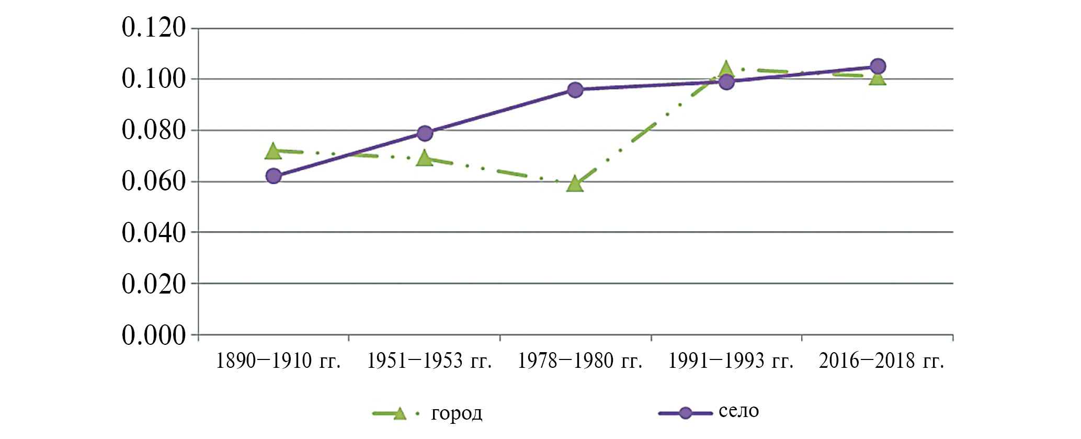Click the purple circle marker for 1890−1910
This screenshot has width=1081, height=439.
click(x=274, y=176)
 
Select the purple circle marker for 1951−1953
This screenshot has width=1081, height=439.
click(x=425, y=133)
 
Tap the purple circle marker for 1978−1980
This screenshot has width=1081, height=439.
click(x=575, y=90)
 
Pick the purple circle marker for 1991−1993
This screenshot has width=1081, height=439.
click(x=726, y=82)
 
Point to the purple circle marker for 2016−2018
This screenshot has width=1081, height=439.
click(x=878, y=66)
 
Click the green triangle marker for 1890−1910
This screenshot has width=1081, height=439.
click(x=273, y=152)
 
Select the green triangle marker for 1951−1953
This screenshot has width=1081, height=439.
click(x=424, y=159)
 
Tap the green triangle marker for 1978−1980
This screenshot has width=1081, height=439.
click(x=575, y=184)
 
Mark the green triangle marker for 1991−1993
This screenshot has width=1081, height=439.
click(x=726, y=69)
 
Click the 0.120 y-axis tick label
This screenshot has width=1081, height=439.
click(x=154, y=28)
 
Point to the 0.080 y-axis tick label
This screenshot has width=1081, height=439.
click(x=154, y=130)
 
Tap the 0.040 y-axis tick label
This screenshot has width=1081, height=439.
click(x=154, y=233)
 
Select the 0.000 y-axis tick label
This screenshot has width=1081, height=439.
click(x=154, y=335)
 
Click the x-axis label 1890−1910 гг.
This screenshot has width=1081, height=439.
click(x=278, y=361)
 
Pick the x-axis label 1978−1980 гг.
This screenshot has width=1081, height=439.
click(x=580, y=361)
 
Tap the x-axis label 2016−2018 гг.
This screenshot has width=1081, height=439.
click(x=881, y=361)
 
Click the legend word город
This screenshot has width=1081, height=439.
click(x=457, y=413)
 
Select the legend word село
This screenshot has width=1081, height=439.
click(x=738, y=411)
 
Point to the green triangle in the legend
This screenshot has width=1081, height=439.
click(x=399, y=413)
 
